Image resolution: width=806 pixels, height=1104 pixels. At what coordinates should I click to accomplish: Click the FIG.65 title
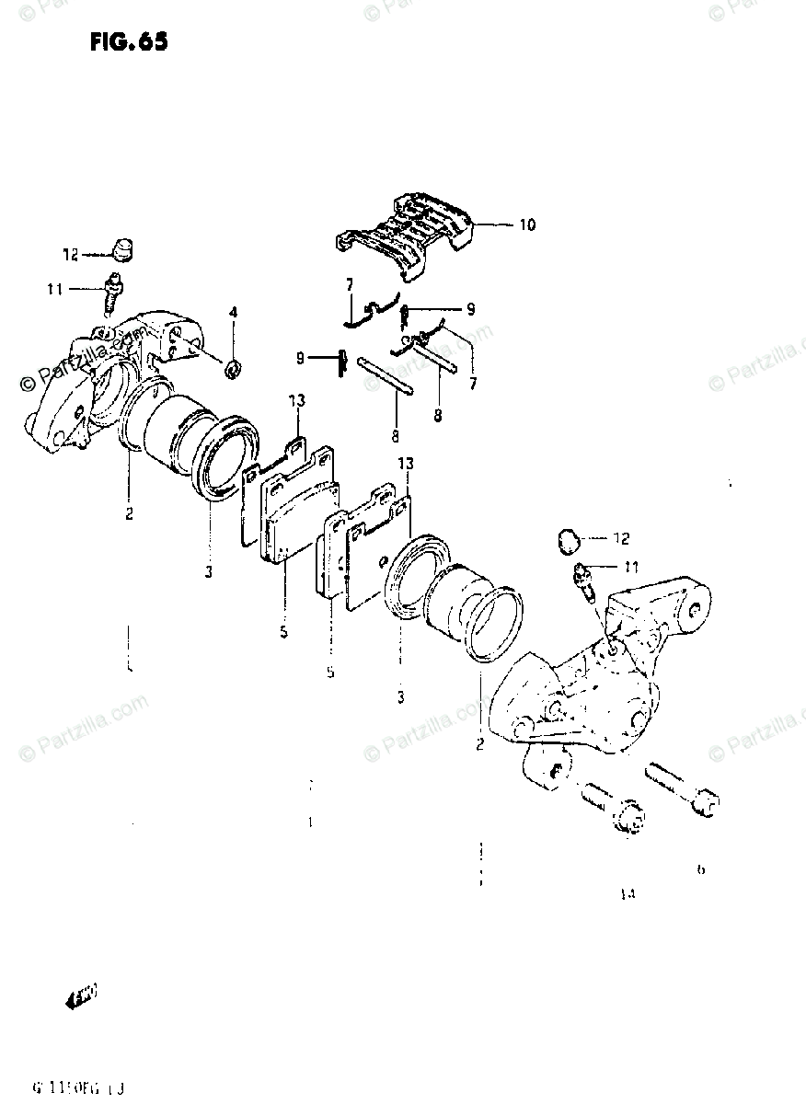click(130, 41)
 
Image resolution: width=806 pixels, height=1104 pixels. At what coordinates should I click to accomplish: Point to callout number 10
click(527, 224)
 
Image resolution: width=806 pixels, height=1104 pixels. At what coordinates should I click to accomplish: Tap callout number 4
click(234, 314)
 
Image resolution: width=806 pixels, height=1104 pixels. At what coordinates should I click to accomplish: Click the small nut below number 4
click(234, 370)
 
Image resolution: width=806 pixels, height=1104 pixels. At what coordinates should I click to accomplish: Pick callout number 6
click(701, 869)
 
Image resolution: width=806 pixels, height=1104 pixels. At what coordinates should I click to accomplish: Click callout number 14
click(628, 892)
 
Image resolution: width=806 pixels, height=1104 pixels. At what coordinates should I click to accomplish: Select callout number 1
click(311, 822)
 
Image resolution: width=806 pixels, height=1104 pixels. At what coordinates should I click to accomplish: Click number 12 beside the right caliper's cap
click(622, 538)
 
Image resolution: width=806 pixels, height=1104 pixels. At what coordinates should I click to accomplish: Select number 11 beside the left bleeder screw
click(54, 289)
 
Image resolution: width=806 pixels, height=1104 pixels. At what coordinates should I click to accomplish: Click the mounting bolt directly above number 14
click(616, 810)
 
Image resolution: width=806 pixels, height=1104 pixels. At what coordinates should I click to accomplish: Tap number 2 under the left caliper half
click(130, 513)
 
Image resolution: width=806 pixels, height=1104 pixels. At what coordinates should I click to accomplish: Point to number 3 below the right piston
click(401, 697)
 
